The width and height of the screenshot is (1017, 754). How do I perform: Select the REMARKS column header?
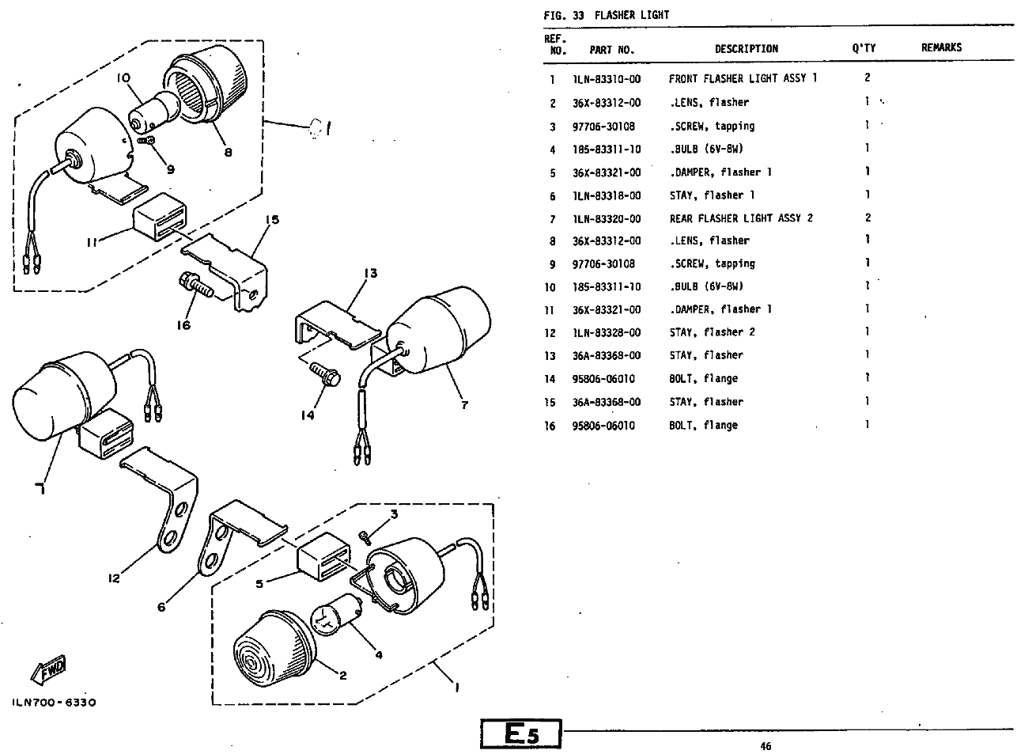[x=941, y=47]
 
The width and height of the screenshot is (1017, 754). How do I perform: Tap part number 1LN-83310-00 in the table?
[x=607, y=79]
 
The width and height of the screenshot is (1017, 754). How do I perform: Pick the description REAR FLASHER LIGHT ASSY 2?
[x=741, y=218]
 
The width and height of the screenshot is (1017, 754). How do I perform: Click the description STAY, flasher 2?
[x=712, y=332]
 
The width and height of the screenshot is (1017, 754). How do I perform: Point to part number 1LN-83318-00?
[x=607, y=195]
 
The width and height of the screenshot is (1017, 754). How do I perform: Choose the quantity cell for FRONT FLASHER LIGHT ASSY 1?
[x=868, y=78]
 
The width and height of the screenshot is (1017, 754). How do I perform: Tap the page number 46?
[x=765, y=745]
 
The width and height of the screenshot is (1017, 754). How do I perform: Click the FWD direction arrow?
[x=49, y=670]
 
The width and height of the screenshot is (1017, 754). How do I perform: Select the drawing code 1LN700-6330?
[x=54, y=703]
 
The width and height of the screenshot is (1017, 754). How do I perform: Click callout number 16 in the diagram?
[x=183, y=324]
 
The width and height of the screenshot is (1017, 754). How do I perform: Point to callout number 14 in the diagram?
[x=308, y=415]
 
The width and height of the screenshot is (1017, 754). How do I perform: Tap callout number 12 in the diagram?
[x=115, y=578]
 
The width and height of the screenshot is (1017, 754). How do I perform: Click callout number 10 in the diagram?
[x=123, y=78]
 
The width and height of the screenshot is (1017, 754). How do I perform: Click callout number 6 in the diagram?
[x=162, y=607]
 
